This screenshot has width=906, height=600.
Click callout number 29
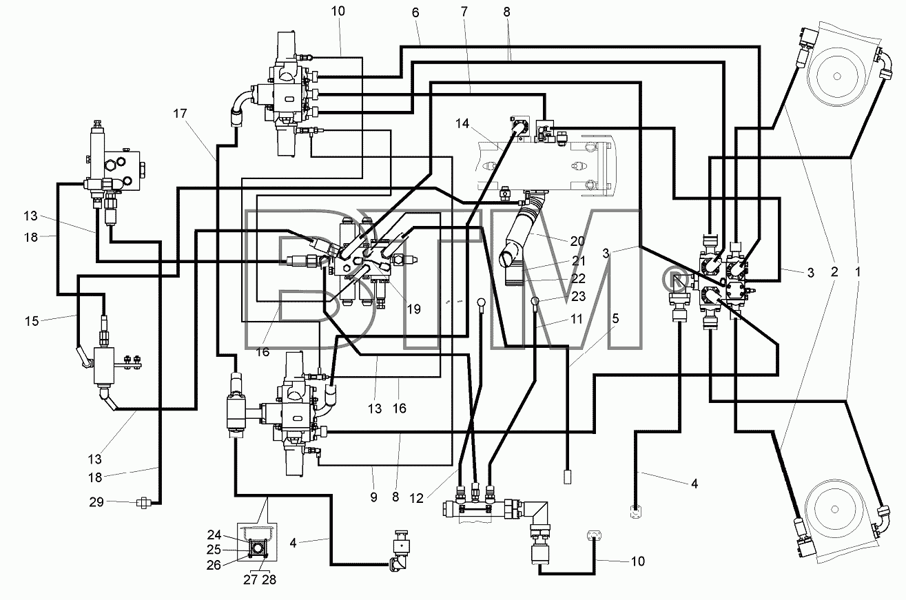96,502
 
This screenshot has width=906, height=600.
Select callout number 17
180,114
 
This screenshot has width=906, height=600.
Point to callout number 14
462,123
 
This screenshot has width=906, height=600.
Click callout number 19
413,309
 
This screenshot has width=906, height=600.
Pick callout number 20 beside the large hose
577,241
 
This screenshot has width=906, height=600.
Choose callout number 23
578,296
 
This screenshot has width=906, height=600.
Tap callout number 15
32,322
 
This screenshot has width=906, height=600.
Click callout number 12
416,499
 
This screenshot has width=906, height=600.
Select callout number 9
373,497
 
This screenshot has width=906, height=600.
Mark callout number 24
214,535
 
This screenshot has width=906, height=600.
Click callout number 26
214,566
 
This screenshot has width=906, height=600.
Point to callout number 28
269,580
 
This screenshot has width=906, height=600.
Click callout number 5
615,318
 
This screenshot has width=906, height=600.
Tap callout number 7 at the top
464,12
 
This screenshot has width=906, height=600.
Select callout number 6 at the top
415,12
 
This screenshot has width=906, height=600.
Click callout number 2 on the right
834,271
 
